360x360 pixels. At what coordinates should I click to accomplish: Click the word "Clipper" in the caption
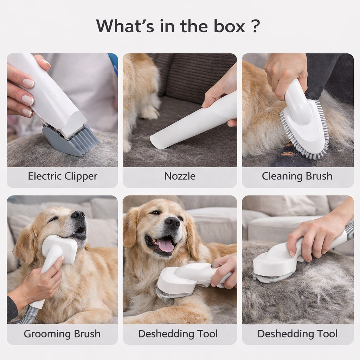tap(81, 176)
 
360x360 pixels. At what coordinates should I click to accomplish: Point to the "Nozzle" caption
tap(180, 176)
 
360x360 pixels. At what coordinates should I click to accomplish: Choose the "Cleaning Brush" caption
tap(297, 176)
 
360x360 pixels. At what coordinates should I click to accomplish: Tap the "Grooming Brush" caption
tap(62, 334)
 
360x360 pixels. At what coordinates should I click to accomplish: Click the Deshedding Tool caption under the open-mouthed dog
tap(178, 334)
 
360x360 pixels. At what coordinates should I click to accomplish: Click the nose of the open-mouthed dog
tap(172, 222)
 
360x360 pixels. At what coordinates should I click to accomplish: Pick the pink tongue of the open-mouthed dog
tap(165, 246)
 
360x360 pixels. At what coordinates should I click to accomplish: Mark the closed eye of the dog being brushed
tap(53, 219)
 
